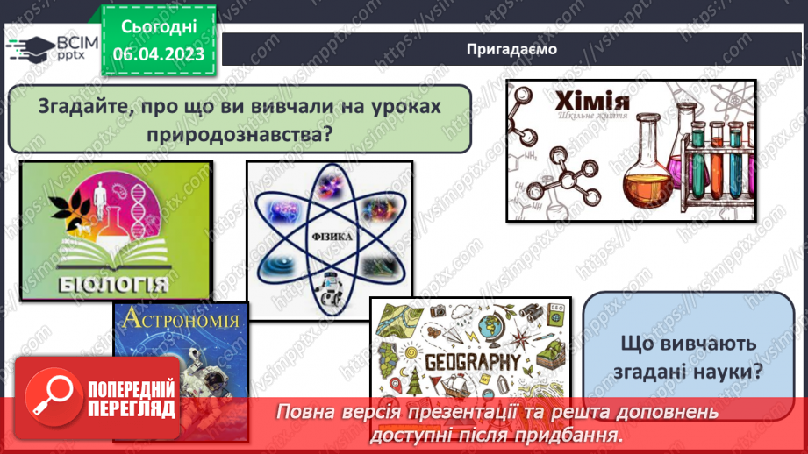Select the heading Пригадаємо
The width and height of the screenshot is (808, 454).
click(x=511, y=49)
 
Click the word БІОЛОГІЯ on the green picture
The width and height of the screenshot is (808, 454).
click(x=114, y=284)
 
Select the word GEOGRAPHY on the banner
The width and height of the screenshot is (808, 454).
click(x=473, y=361)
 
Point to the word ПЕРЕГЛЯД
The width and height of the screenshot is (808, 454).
click(x=132, y=408)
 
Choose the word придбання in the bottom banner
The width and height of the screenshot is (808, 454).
click(x=569, y=435)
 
